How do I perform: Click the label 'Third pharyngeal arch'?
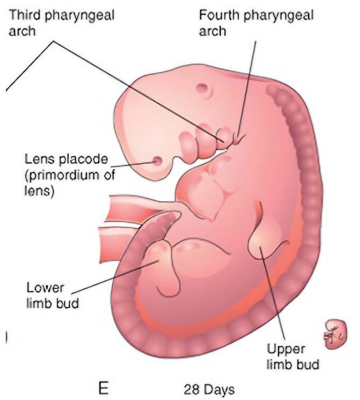coord(61,23)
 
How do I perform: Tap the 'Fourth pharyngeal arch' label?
coord(256,23)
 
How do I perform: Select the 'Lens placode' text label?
coord(66,159)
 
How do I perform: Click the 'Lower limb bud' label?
coord(52,296)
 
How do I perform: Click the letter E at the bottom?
coord(103,388)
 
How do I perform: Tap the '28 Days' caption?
coord(209,389)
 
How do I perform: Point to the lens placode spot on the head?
coord(157,161)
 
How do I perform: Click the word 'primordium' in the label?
coord(63,176)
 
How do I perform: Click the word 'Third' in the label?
coord(25,15)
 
